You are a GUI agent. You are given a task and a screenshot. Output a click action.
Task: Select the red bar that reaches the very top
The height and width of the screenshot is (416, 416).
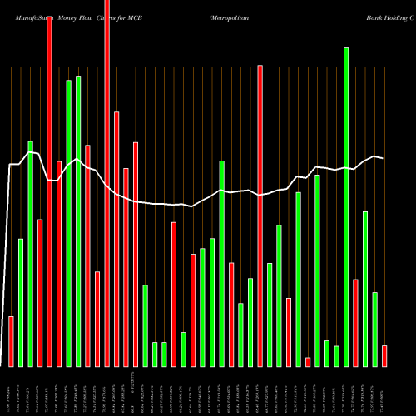[x=106, y=183]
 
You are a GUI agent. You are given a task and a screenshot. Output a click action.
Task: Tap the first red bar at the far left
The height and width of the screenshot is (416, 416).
[x=11, y=341]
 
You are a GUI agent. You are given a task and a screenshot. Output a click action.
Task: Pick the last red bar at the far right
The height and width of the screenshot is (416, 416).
[x=384, y=356]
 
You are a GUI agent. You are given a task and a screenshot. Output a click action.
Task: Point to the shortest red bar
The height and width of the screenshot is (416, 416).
[x=308, y=362]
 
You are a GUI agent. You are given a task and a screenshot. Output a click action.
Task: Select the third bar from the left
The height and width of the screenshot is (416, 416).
[x=30, y=254]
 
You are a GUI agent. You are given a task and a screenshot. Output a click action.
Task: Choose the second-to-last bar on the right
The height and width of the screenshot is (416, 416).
[x=375, y=329]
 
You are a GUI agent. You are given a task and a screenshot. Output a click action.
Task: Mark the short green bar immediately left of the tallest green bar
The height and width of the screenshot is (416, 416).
[x=337, y=356]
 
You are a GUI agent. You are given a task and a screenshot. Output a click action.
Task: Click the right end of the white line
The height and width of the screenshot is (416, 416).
[x=384, y=158]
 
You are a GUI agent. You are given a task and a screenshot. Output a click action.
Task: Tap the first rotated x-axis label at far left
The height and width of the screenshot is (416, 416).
[x=11, y=391]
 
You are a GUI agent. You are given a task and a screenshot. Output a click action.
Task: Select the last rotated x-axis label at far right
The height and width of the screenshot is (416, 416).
[x=384, y=391]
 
